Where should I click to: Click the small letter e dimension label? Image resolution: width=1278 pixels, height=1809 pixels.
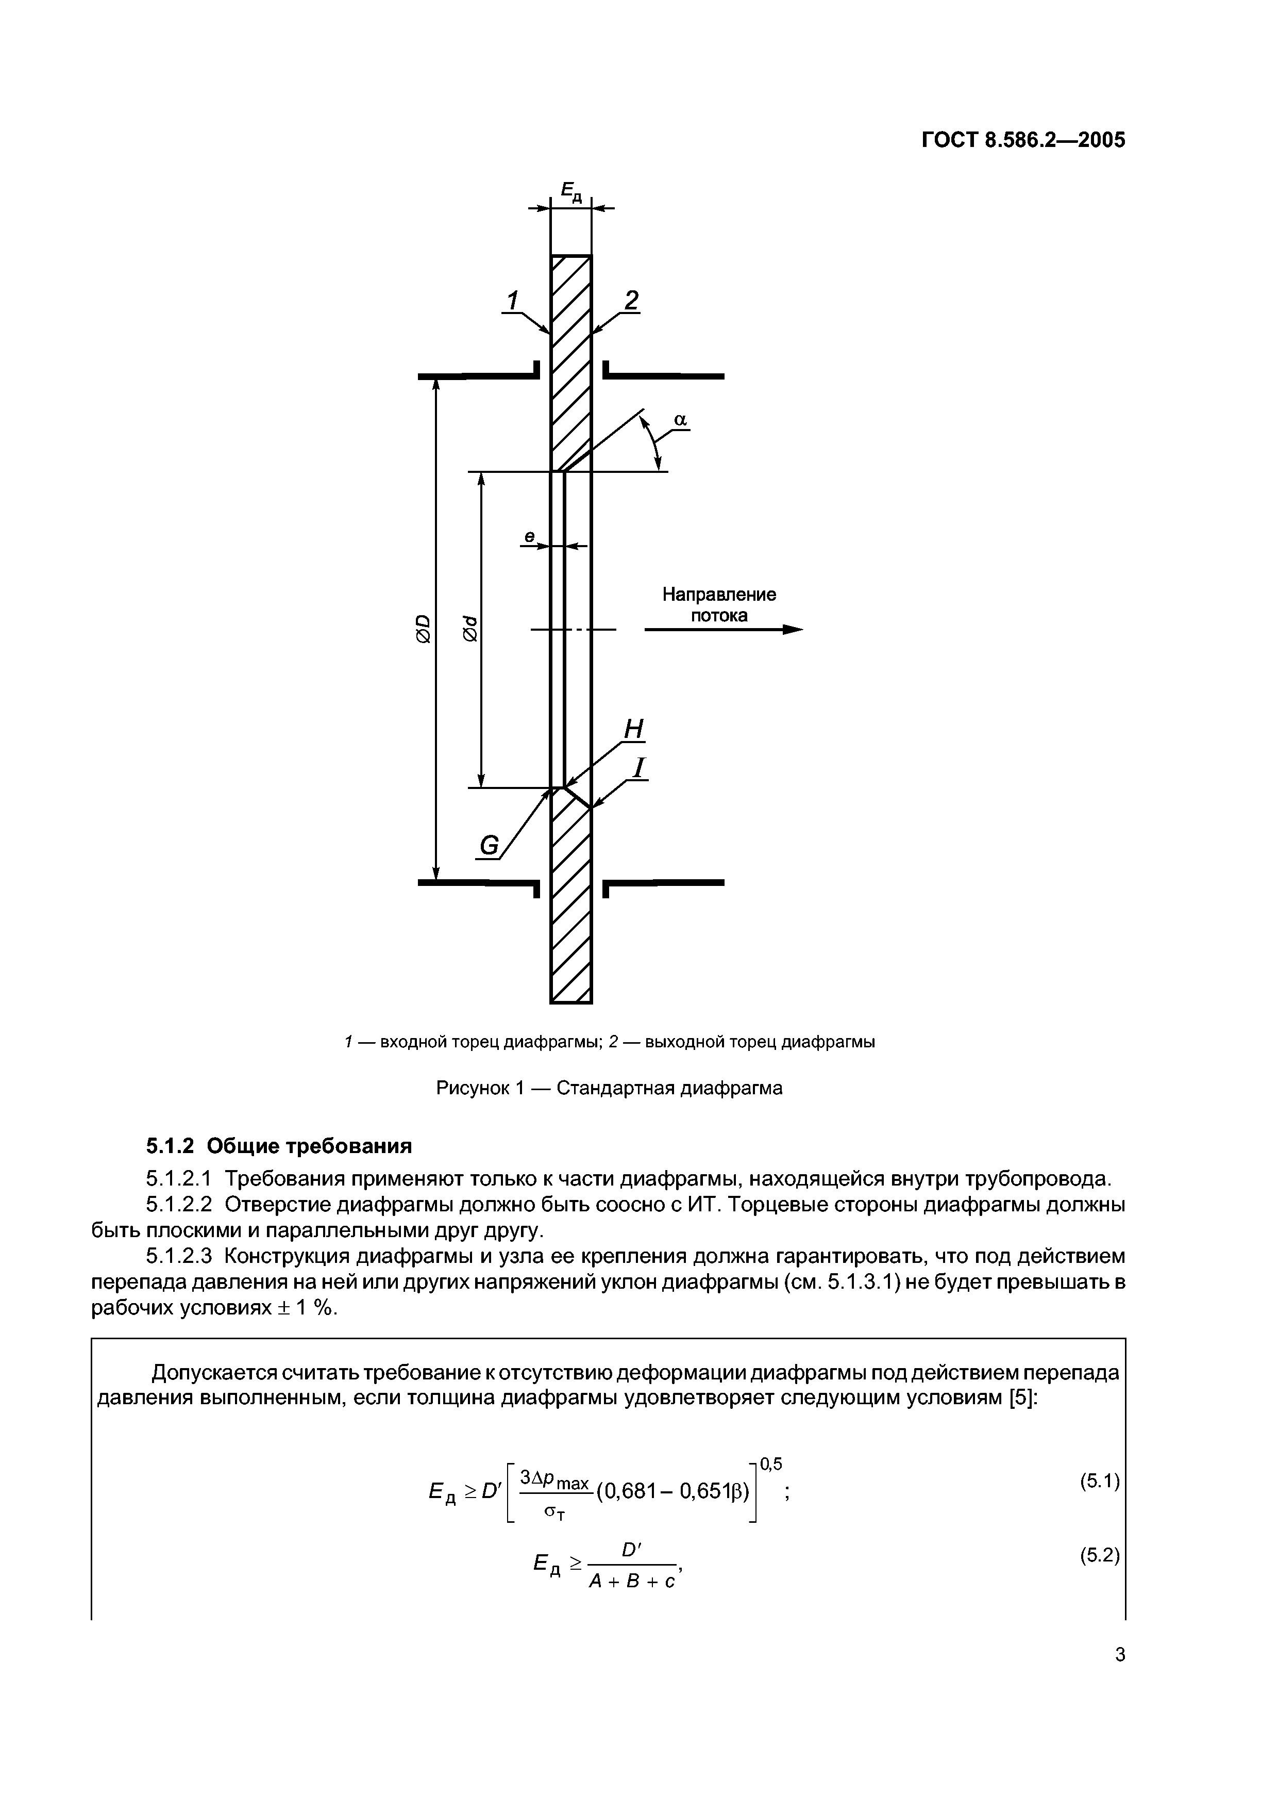pyautogui.click(x=529, y=536)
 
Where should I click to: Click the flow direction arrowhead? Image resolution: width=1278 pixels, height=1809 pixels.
pyautogui.click(x=792, y=630)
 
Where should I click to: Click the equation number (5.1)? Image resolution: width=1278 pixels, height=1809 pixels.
pyautogui.click(x=1099, y=1481)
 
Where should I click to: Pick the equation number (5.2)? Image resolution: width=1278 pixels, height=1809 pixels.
pyautogui.click(x=1099, y=1555)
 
